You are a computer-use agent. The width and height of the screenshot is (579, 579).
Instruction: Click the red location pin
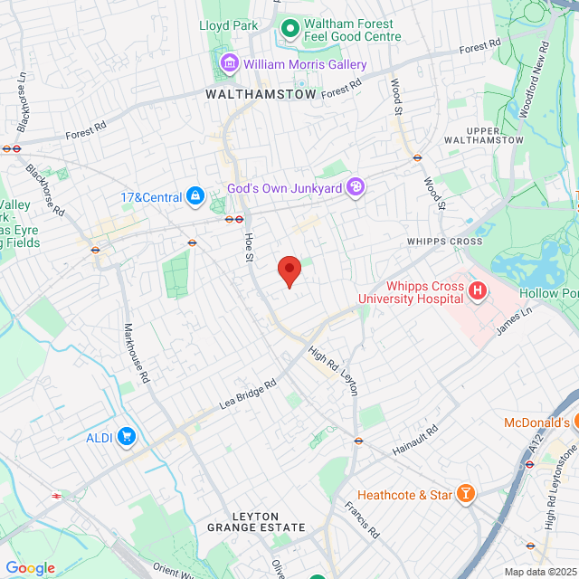point(289,270)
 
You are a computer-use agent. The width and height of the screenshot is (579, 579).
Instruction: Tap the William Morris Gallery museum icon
point(229,63)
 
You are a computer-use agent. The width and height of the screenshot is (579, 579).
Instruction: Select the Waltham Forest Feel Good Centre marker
point(290,29)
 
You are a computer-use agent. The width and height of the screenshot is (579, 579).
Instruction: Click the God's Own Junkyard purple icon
point(356,186)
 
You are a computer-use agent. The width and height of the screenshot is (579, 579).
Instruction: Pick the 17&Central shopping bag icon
point(195,195)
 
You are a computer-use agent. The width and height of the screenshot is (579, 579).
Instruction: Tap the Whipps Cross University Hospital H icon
point(478,291)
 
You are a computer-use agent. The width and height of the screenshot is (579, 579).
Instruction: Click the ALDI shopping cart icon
point(125,438)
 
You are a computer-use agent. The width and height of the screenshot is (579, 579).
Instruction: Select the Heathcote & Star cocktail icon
point(466,494)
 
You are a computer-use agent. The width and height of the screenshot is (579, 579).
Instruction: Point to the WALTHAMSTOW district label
point(261,94)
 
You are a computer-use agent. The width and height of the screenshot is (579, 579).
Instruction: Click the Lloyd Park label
point(229,25)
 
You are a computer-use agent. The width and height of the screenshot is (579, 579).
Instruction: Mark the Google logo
point(31,567)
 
